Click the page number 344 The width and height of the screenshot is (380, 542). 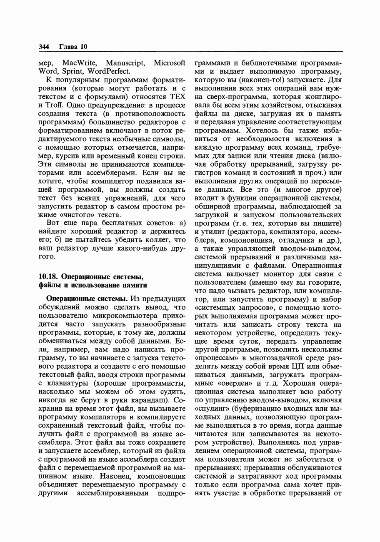(44, 47)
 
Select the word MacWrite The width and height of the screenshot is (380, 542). (80, 63)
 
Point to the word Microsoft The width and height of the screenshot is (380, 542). (170, 63)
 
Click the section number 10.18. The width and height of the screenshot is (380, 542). (48, 276)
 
